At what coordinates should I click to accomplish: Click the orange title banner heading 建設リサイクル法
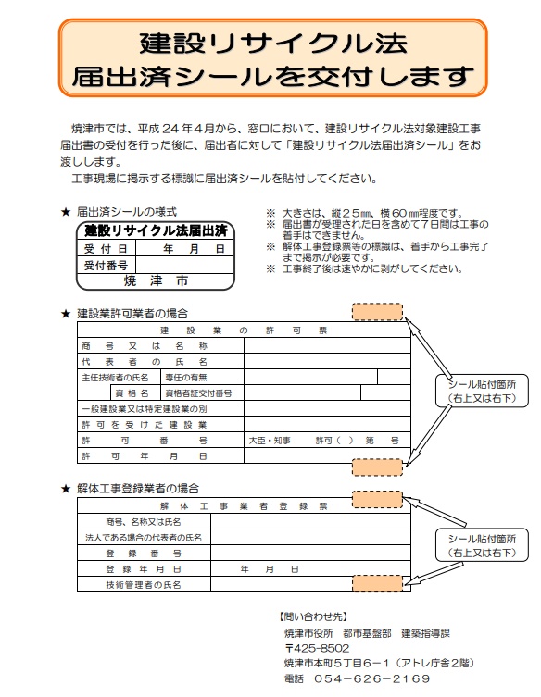(x=272, y=57)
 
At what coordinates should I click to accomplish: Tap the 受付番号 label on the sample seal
(x=106, y=266)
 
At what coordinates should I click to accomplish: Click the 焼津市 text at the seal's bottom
(x=156, y=280)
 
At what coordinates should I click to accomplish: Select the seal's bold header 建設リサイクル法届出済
(x=156, y=230)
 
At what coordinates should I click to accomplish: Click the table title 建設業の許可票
(x=244, y=330)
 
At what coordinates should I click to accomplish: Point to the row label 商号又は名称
(x=145, y=346)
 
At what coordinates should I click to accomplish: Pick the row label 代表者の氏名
(x=145, y=362)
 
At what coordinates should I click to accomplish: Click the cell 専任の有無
(x=186, y=378)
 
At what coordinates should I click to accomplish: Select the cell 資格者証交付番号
(x=198, y=393)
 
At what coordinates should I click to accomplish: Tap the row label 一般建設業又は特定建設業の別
(x=145, y=409)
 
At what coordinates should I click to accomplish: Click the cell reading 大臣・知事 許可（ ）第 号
(x=323, y=441)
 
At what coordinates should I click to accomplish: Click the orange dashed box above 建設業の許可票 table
(x=377, y=312)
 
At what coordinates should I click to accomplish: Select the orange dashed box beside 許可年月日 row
(x=377, y=467)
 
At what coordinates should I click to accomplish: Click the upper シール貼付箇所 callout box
(x=482, y=391)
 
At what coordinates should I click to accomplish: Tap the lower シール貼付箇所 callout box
(x=482, y=545)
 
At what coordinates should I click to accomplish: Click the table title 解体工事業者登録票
(x=244, y=506)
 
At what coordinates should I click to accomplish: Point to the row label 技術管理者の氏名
(x=144, y=585)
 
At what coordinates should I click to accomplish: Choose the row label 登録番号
(x=144, y=554)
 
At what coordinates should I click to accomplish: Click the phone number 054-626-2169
(x=372, y=678)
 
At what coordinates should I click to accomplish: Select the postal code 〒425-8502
(x=317, y=648)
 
